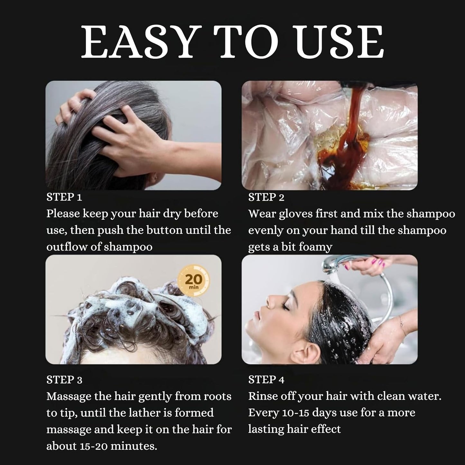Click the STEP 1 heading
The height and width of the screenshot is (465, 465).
click(64, 197)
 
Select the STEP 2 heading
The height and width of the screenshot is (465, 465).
click(266, 197)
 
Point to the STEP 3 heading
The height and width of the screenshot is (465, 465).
click(64, 380)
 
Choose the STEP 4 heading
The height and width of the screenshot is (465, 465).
click(266, 380)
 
